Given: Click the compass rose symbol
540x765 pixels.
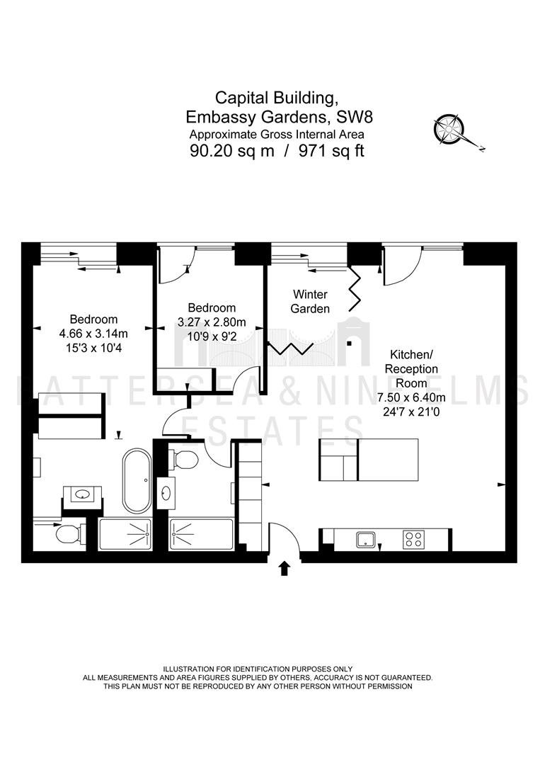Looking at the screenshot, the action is (449, 129).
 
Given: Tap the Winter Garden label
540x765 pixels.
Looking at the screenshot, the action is (310, 302).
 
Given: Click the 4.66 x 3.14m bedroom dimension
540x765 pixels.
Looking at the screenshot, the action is (93, 334).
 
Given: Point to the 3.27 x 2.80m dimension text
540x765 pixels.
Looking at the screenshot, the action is (212, 322).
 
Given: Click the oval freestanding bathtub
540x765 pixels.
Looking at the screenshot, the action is (137, 481).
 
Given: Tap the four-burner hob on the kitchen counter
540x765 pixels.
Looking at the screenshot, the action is (414, 538).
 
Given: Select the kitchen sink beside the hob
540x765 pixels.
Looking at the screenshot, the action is (365, 539).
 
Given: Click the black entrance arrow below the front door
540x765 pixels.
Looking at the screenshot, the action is (285, 569).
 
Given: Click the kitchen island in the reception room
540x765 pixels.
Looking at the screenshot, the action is (369, 460).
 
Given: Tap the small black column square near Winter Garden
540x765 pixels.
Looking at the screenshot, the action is (349, 344).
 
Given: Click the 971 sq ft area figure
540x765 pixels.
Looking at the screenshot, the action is (331, 152).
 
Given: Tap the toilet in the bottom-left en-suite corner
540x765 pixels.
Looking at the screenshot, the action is (67, 534).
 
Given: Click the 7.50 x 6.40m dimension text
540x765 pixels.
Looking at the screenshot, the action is (411, 397).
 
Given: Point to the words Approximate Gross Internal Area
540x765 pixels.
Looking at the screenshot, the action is (277, 135).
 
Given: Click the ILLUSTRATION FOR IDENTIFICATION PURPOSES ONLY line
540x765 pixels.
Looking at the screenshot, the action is (258, 669).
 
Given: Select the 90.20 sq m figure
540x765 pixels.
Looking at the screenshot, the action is (232, 152).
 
